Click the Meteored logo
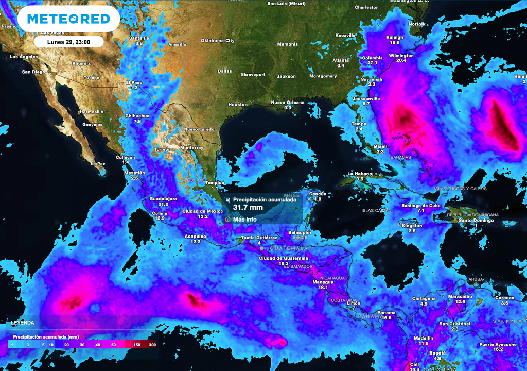[68, 19]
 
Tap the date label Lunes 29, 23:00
[68, 42]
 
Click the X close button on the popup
[309, 198]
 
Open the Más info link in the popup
[244, 219]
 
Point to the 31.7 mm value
[248, 207]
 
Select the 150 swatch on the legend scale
[137, 344]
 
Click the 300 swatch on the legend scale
[152, 344]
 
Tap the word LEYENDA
[23, 323]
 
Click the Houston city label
[238, 105]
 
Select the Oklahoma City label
[217, 41]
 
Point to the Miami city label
[380, 146]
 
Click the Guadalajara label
[163, 198]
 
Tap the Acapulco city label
[196, 236]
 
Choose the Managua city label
[323, 282]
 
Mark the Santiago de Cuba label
[421, 205]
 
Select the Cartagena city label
[424, 298]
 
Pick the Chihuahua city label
[137, 116]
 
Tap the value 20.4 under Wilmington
[401, 60]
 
